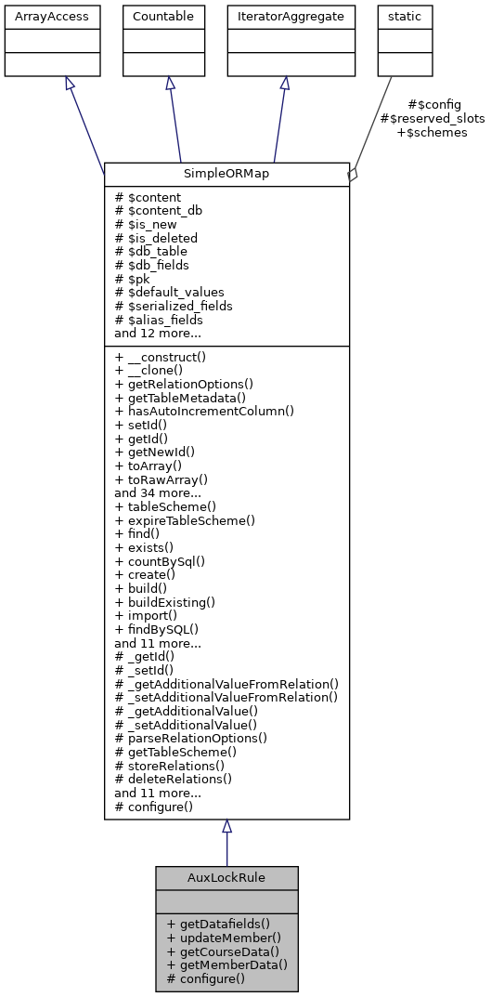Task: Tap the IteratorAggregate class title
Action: (285, 17)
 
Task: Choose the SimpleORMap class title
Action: (226, 175)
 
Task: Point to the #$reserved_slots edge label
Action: (432, 119)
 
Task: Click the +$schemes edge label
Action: (432, 133)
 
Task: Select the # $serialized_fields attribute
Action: (174, 306)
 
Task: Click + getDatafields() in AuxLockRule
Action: (218, 925)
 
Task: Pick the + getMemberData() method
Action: (226, 964)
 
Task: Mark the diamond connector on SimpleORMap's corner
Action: (352, 174)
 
